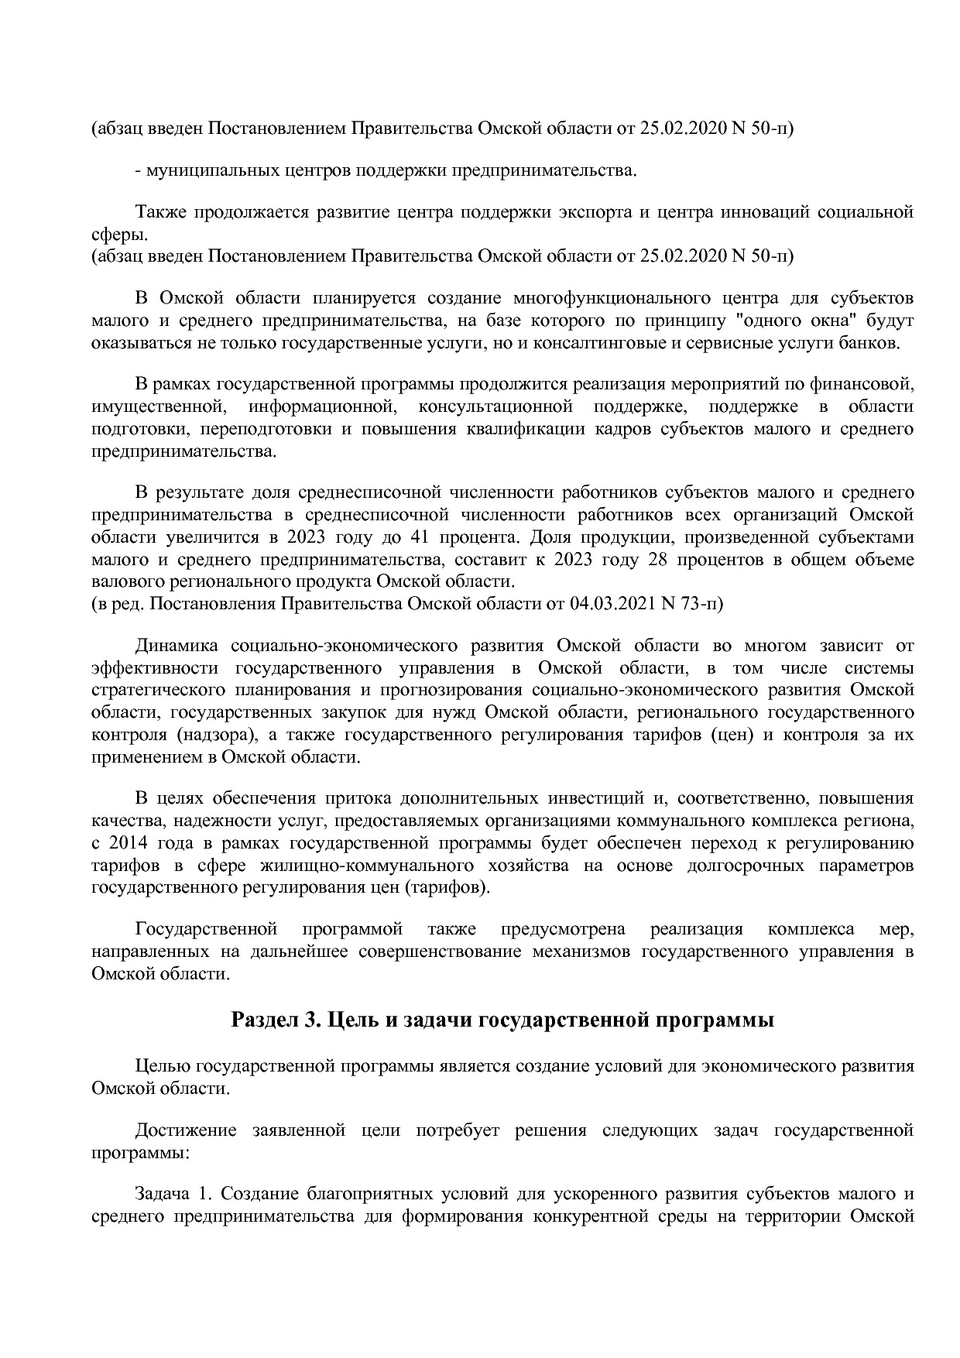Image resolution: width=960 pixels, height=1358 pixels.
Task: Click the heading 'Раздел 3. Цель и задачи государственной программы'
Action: point(502,1020)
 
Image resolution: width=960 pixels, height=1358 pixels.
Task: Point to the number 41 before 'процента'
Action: point(404,537)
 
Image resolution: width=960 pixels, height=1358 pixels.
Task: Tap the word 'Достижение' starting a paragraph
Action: point(186,1131)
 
